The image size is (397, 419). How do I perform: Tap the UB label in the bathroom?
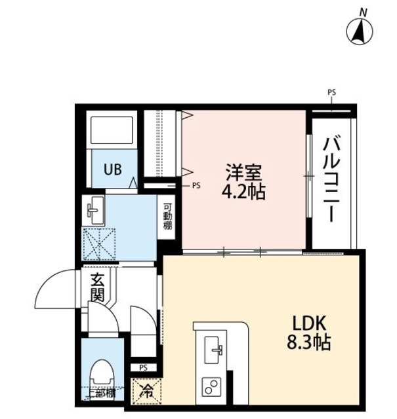pyautogui.click(x=111, y=168)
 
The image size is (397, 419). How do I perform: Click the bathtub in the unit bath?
pyautogui.click(x=111, y=130)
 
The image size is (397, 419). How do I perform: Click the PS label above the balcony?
pyautogui.click(x=331, y=93)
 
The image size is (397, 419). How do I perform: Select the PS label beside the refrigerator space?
pyautogui.click(x=143, y=367)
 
